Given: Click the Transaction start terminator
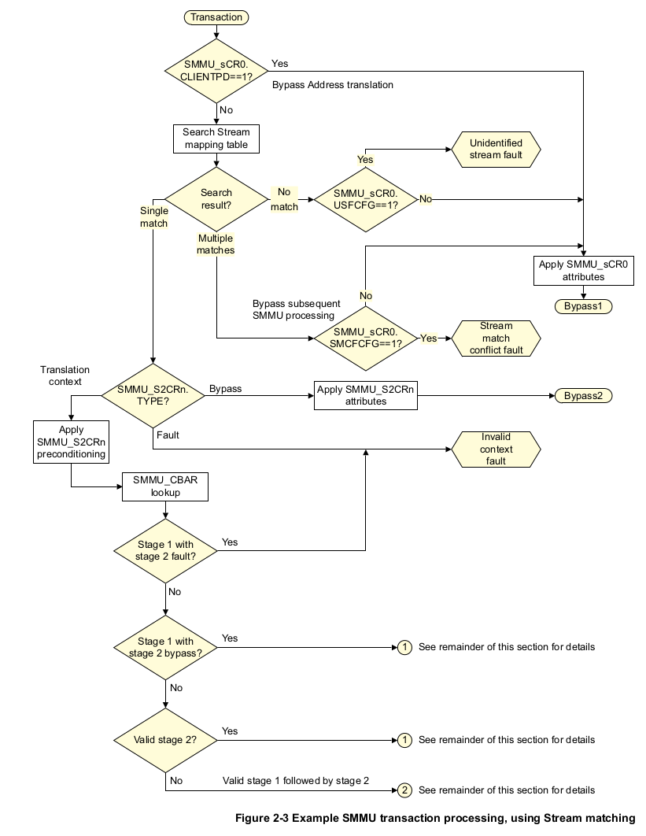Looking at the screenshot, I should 216,17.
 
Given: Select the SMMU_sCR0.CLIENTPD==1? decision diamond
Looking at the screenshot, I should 216,71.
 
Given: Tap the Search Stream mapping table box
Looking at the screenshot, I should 216,139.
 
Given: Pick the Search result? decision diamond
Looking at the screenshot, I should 216,198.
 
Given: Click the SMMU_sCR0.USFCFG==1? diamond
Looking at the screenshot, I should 365,198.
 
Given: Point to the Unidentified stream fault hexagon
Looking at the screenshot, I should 496,149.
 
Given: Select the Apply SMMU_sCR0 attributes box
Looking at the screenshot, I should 583,270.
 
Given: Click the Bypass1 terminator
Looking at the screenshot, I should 583,305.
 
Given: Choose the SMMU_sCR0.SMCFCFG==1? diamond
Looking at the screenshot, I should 365,338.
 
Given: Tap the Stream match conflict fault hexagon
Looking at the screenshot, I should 496,338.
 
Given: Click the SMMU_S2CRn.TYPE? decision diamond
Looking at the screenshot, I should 153,395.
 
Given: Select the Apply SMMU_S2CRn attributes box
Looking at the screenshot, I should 365,395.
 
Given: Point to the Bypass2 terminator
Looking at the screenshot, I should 583,395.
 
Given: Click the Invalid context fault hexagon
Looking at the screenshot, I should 496,449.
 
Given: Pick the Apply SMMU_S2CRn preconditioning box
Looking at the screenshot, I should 71,442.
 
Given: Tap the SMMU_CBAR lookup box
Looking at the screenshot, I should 165,486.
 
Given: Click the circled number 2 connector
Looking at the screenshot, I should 404,790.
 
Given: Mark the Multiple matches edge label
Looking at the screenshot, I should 216,244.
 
